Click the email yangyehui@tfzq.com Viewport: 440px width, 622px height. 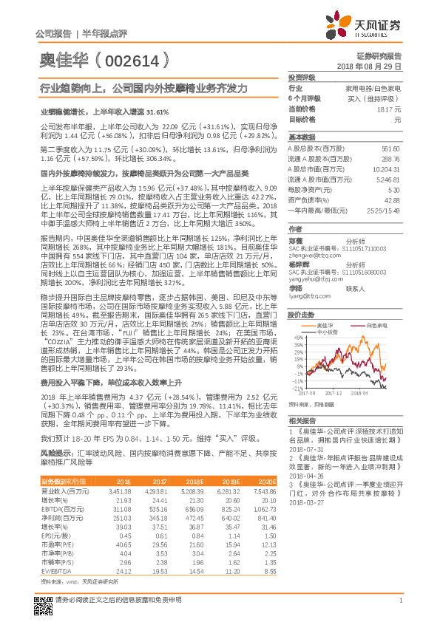coord(311,280)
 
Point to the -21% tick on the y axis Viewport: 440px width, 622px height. coord(297,388)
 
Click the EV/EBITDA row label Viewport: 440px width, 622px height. coord(55,571)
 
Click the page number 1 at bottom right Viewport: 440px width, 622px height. coord(400,607)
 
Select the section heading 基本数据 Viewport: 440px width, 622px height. coord(301,137)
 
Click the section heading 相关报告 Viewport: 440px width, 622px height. coord(301,420)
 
